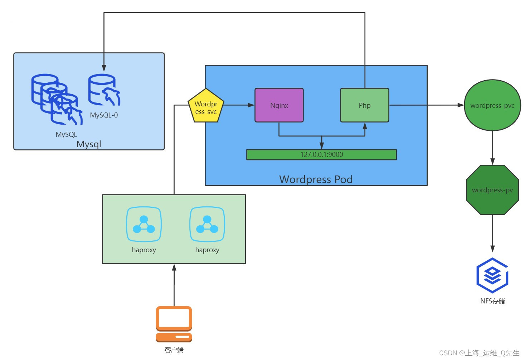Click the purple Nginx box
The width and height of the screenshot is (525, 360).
tap(279, 105)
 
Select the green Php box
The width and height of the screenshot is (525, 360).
tap(364, 105)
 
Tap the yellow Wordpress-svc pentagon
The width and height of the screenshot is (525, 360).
tap(206, 106)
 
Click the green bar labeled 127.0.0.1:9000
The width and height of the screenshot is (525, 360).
tap(321, 155)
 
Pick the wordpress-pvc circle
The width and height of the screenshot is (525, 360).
tap(492, 105)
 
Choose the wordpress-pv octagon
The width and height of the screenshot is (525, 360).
tap(492, 190)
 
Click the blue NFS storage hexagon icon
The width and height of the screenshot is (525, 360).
tap(492, 275)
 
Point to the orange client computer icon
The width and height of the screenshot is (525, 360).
tap(174, 324)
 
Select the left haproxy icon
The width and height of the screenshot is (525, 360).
tap(144, 224)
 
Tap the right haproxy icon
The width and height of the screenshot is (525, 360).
tap(207, 224)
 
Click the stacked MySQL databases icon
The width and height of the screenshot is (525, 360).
tap(57, 99)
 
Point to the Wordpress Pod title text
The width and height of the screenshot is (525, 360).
tap(316, 179)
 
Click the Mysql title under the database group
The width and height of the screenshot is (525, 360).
tap(89, 144)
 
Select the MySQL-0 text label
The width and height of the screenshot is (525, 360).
tap(104, 115)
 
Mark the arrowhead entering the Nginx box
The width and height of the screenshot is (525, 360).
tap(251, 105)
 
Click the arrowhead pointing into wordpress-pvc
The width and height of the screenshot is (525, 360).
tap(461, 105)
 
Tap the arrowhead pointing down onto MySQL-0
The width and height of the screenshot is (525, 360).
tap(104, 68)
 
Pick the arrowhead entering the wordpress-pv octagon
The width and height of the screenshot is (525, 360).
tap(492, 162)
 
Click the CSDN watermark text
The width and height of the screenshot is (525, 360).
tap(479, 353)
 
